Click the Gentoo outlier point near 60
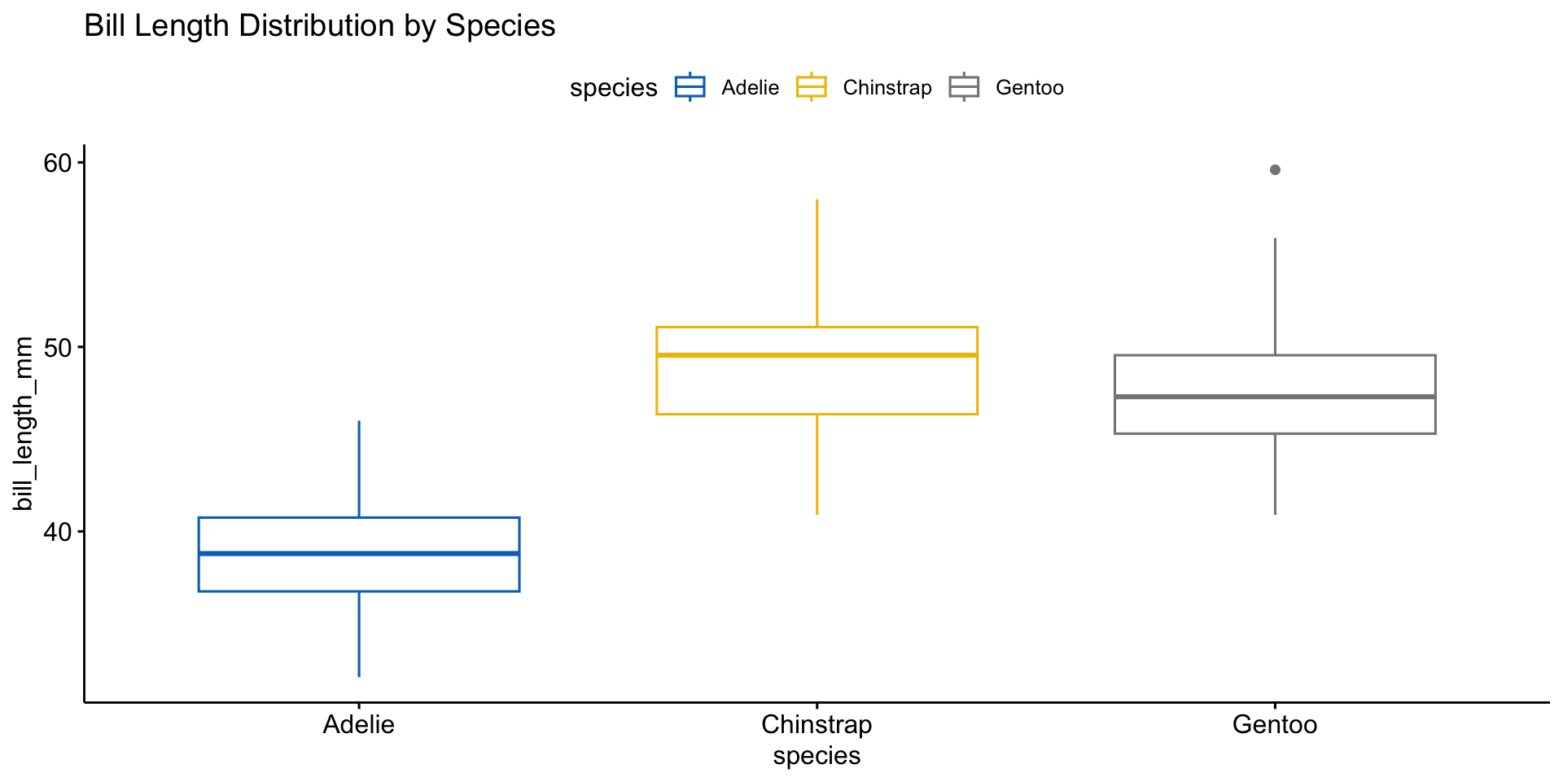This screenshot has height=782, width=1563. coord(1275,170)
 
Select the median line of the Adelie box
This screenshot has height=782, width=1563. coord(359,553)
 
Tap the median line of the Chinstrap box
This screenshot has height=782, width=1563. coord(817,355)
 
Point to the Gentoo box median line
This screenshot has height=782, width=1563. coord(1275,397)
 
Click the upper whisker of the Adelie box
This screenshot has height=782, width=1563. coord(359,469)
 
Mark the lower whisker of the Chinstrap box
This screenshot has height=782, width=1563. coord(817,464)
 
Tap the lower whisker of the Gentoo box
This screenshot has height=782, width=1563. coord(1275,473)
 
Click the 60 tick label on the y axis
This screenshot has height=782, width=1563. coord(58,163)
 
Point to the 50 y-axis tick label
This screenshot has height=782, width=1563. coord(58,348)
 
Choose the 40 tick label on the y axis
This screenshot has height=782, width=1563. coord(58,533)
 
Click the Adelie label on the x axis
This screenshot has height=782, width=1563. coord(359,724)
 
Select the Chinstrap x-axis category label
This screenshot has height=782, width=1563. coord(817,724)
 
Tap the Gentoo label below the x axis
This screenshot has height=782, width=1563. coord(1275,724)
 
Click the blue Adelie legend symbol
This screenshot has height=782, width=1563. coord(690,87)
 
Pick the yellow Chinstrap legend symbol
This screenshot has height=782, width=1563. coord(812,87)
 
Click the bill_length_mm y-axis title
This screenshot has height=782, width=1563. coord(24,424)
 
